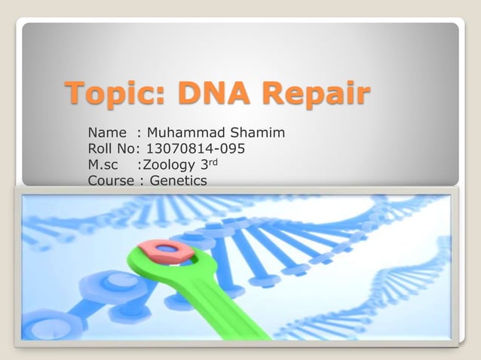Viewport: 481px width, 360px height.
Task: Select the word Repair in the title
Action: [315, 94]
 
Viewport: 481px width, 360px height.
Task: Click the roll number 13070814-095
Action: [195, 148]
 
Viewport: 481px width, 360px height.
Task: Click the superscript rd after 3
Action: [214, 161]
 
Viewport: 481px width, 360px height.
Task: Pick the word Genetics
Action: [179, 180]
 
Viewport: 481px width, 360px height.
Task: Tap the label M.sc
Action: [103, 164]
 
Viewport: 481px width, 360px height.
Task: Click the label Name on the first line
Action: [107, 133]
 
